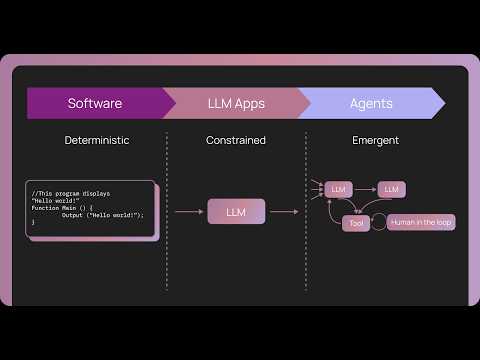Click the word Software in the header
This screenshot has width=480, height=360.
tap(95, 103)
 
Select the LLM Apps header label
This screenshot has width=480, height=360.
tap(236, 103)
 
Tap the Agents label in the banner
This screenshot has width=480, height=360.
tap(371, 103)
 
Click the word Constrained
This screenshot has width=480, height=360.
tap(236, 140)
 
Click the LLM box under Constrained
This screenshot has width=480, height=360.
tap(236, 211)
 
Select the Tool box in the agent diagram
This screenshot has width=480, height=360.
tap(356, 223)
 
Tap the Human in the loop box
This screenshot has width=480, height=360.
tap(421, 222)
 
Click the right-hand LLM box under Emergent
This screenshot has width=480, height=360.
tap(391, 189)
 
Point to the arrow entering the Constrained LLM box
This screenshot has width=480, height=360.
tap(190, 211)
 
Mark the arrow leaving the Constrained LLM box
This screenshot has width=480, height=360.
tap(284, 211)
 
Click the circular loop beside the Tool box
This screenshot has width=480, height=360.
tap(378, 223)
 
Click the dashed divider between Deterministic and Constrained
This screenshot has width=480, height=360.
tap(166, 210)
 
